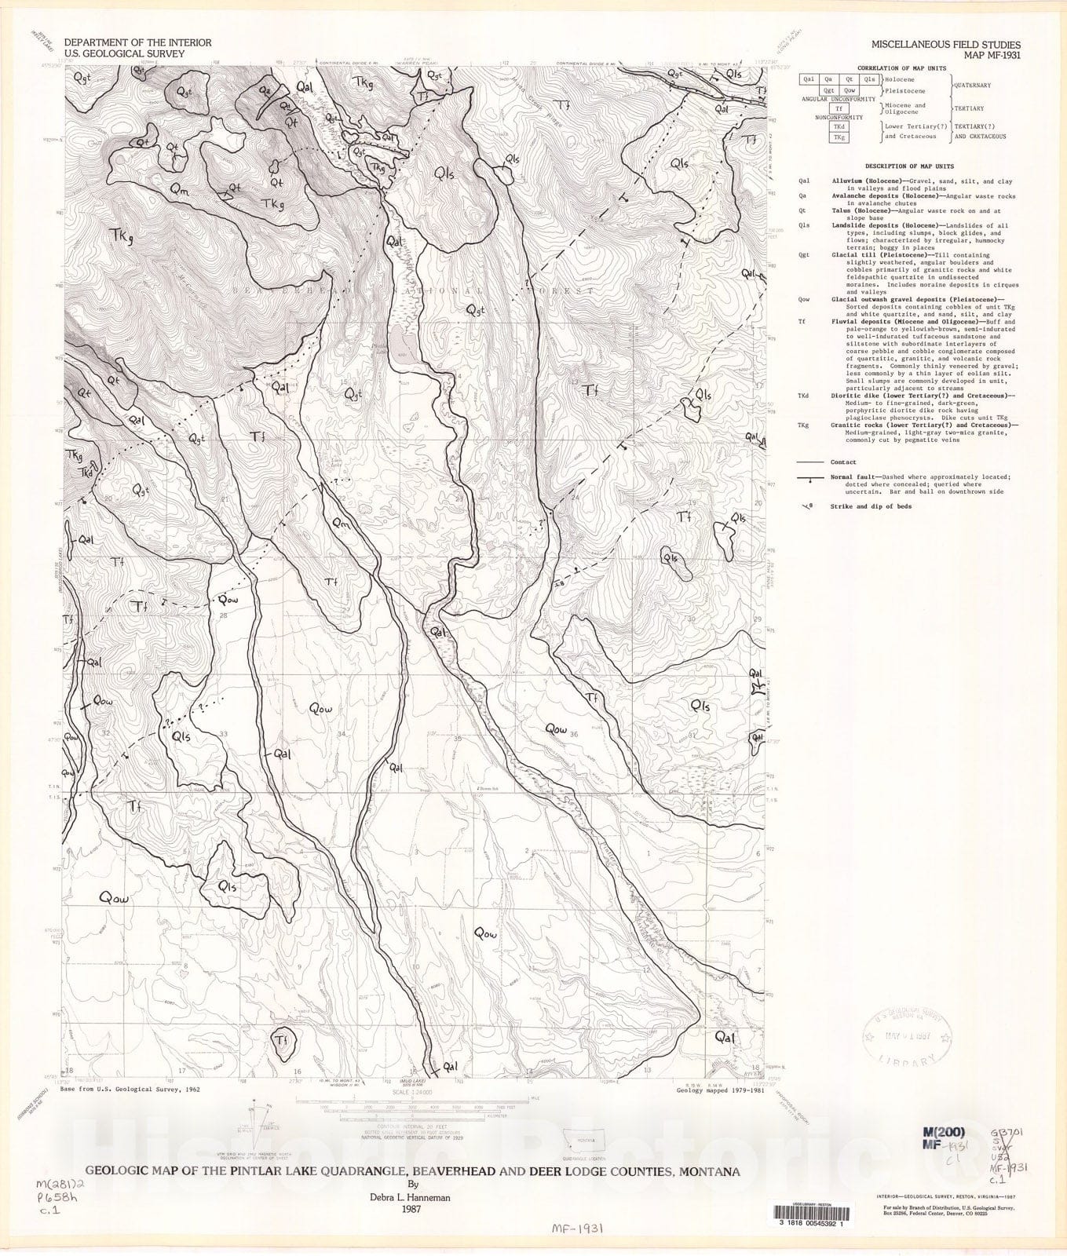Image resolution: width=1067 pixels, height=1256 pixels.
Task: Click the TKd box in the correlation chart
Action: pyautogui.click(x=839, y=126)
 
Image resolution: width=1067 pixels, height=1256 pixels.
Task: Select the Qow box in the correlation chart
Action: pyautogui.click(x=849, y=90)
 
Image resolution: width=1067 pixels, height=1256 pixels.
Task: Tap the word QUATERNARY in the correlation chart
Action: pyautogui.click(x=972, y=85)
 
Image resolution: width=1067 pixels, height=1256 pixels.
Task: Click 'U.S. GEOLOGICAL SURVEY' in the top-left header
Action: pyautogui.click(x=124, y=54)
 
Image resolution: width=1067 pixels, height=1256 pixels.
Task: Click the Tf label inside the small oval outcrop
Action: pyautogui.click(x=283, y=1040)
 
